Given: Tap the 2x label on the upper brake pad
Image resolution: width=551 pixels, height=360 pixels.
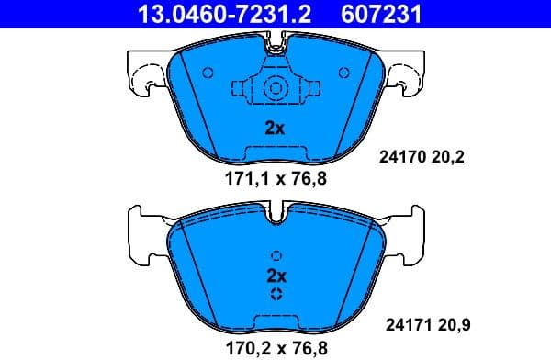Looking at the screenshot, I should coord(275,129).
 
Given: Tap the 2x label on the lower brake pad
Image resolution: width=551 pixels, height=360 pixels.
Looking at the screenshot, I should coord(276,275).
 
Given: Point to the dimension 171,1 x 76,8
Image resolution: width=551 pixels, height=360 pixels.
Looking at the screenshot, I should coord(275,178).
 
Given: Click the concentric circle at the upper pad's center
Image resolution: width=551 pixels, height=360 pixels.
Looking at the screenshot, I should coord(275,88).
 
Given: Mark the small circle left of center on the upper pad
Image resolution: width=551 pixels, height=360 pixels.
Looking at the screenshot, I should coord(207,73).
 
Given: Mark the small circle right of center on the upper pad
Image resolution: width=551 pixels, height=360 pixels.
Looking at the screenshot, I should coord(343,73).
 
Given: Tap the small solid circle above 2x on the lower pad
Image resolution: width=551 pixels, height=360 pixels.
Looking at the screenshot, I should coord(275,256).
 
